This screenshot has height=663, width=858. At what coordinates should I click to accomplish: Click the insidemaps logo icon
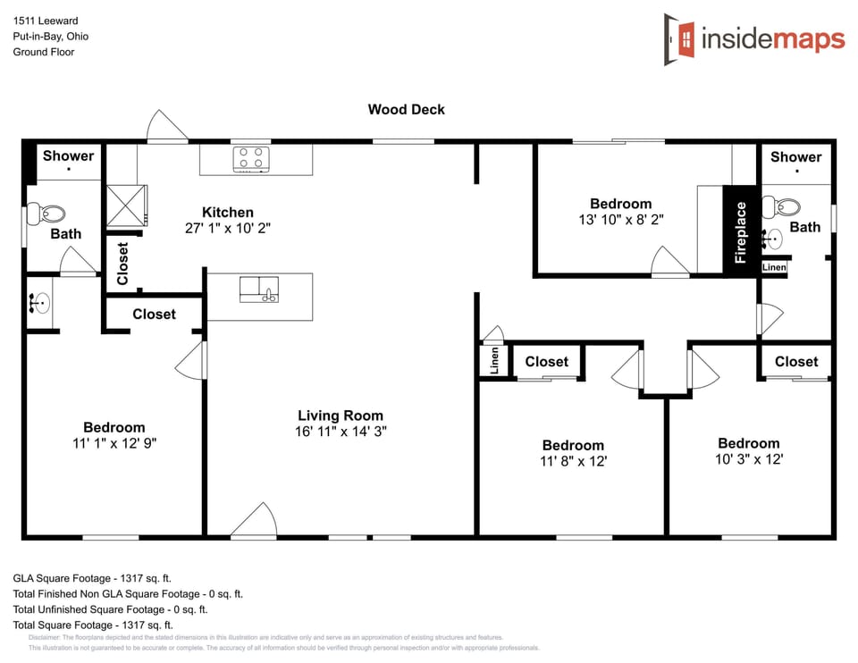click(x=679, y=39)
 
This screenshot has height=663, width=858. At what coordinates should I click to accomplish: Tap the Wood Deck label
click(x=406, y=110)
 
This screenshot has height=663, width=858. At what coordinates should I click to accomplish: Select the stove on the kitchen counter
click(x=251, y=159)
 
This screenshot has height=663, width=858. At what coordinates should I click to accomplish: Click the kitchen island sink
click(x=259, y=290)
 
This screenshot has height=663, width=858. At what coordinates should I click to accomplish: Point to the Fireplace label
click(x=740, y=231)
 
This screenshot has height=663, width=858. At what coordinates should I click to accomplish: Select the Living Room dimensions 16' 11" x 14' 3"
click(x=341, y=432)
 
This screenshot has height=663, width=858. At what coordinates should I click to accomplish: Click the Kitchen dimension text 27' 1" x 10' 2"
click(x=227, y=228)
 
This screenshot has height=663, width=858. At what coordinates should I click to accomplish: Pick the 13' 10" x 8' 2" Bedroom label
click(x=620, y=219)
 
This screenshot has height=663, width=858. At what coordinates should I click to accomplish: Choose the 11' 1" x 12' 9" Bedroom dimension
click(x=114, y=443)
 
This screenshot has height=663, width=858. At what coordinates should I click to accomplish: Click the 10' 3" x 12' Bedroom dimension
click(x=748, y=459)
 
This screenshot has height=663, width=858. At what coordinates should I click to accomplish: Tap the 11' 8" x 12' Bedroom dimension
click(x=573, y=461)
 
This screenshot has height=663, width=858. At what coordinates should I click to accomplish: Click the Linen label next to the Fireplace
click(x=774, y=268)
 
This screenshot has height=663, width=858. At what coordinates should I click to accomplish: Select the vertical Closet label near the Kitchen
click(x=122, y=264)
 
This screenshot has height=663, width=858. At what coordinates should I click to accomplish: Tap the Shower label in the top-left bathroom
click(x=68, y=155)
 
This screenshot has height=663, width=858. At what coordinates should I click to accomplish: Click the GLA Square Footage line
click(x=93, y=578)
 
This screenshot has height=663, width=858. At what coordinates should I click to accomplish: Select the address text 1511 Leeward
click(x=45, y=21)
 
